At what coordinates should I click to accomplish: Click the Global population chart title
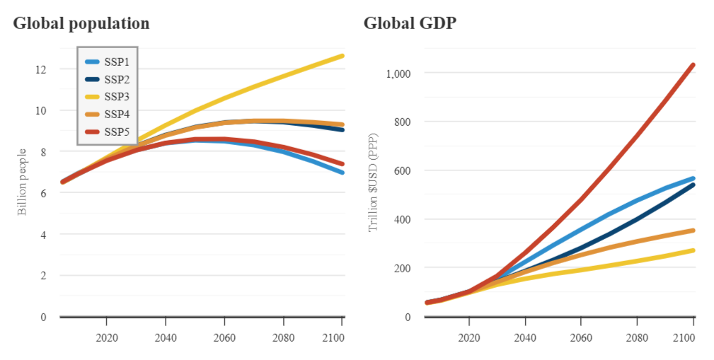click(81, 23)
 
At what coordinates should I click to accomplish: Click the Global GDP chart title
click(410, 23)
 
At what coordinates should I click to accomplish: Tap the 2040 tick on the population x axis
click(166, 338)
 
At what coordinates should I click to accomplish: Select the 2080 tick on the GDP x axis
click(637, 338)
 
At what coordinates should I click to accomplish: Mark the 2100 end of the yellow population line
click(342, 55)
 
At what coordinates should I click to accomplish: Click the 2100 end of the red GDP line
click(693, 65)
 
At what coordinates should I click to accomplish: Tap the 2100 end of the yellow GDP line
click(693, 250)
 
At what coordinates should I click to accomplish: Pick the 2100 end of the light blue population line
click(342, 173)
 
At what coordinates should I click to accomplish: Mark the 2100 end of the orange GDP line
click(693, 231)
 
